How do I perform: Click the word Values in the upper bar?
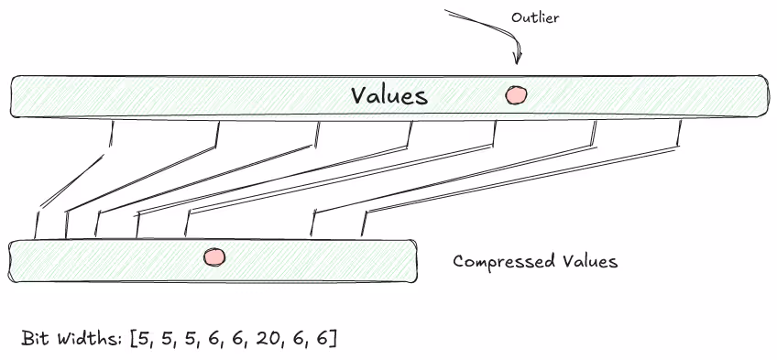(x=388, y=95)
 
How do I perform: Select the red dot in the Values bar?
(x=516, y=94)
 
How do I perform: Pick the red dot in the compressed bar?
(x=214, y=257)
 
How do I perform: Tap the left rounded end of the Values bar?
(x=15, y=96)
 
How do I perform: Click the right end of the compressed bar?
(x=414, y=260)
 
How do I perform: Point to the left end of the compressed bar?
(x=12, y=260)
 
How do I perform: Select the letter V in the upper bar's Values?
(x=357, y=95)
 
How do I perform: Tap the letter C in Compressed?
(x=459, y=262)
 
